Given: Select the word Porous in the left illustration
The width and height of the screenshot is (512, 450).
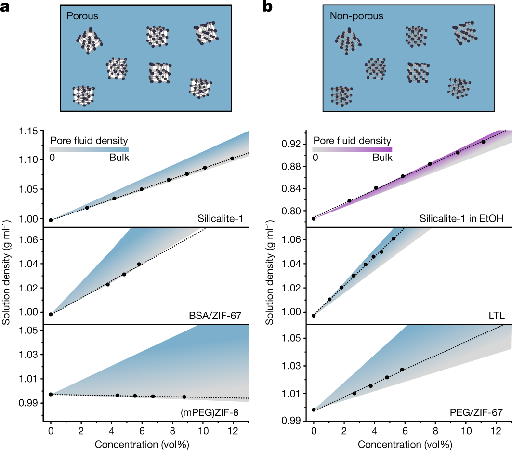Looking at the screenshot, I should click(x=82, y=16).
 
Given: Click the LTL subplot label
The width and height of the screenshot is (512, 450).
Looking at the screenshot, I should click(x=496, y=316).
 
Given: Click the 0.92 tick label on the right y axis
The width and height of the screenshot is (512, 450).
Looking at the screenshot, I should click(x=291, y=144).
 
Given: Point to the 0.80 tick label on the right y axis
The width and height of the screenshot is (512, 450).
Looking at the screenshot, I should click(x=291, y=211).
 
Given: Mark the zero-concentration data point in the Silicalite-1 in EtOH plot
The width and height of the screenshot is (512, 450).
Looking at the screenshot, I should click(x=314, y=218).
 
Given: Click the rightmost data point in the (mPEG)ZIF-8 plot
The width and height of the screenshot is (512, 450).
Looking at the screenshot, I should click(x=184, y=397).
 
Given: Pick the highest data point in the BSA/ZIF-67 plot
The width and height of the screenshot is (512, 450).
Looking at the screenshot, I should click(x=139, y=264).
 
